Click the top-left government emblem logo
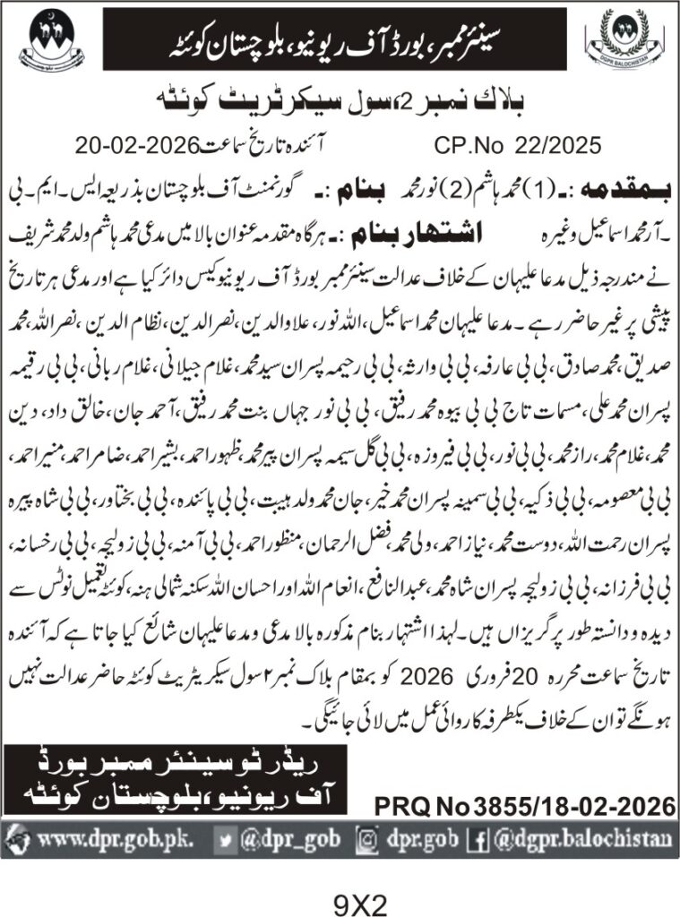(x=43, y=42)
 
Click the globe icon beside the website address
(x=21, y=841)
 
